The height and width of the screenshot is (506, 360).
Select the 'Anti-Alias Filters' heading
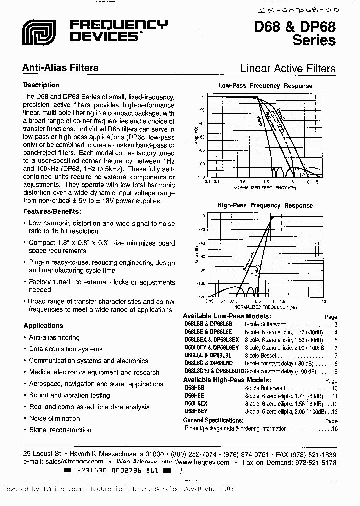click(61, 68)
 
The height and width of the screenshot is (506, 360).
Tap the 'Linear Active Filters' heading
click(288, 68)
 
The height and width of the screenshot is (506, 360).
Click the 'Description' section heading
click(41, 85)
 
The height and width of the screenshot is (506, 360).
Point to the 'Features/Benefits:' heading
click(52, 211)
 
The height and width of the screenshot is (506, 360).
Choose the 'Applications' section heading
click(43, 326)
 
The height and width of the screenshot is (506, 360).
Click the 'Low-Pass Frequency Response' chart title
click(265, 86)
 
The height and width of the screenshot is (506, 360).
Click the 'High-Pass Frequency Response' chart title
click(265, 205)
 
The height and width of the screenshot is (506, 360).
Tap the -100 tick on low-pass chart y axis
click(200, 163)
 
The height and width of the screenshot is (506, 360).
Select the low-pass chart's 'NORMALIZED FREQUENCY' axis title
click(261, 188)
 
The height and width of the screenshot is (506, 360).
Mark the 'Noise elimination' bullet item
click(54, 418)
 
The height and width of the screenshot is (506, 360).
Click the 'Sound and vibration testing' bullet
click(69, 395)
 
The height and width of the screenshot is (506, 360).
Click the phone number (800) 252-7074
click(194, 454)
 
